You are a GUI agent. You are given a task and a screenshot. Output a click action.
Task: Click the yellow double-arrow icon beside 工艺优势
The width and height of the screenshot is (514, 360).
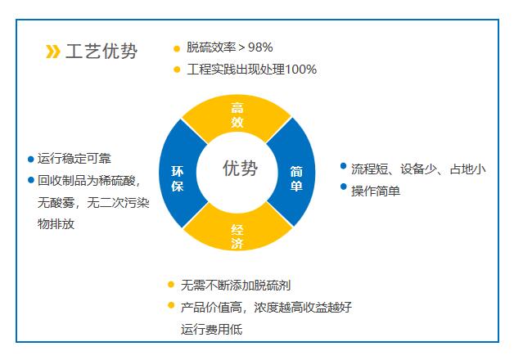(52, 52)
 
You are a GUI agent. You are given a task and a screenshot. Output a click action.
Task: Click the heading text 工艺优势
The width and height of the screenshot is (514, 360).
(101, 52)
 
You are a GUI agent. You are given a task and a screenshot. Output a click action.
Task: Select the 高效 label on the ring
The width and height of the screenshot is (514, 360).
(237, 115)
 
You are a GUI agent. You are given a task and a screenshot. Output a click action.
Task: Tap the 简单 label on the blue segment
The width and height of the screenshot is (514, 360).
(296, 178)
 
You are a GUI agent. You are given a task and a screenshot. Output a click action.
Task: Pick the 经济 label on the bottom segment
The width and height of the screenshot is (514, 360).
(237, 236)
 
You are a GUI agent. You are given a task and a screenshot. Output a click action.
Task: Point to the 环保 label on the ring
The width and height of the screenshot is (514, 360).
(178, 178)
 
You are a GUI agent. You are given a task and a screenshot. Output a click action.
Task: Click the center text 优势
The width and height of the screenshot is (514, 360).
(241, 169)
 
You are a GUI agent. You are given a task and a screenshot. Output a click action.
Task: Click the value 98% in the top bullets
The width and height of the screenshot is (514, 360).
(260, 47)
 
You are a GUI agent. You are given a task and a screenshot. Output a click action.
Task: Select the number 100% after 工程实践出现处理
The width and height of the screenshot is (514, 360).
(300, 70)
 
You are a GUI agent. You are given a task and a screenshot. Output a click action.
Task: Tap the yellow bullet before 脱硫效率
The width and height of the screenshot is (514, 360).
(177, 49)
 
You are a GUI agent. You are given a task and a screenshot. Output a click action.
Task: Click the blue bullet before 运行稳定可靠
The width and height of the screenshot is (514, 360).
(31, 160)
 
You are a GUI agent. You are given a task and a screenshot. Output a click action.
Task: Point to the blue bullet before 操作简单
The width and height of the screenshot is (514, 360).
(343, 187)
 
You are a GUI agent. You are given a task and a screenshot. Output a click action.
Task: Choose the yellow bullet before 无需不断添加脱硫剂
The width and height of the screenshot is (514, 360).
(171, 284)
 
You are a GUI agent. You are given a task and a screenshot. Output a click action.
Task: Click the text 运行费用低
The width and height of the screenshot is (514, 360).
(211, 329)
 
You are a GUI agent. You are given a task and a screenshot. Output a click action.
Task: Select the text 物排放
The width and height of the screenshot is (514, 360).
(56, 224)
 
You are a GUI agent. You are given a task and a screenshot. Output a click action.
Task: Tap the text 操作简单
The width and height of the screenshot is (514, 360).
(376, 191)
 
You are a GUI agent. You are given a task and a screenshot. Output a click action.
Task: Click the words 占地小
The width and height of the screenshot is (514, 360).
(468, 169)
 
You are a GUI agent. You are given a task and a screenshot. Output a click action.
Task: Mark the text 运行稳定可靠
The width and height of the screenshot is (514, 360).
(74, 159)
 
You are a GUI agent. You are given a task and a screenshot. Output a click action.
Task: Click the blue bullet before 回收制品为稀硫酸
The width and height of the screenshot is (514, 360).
(31, 180)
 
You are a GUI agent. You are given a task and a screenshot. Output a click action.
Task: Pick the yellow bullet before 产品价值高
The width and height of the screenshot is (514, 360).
(171, 305)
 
